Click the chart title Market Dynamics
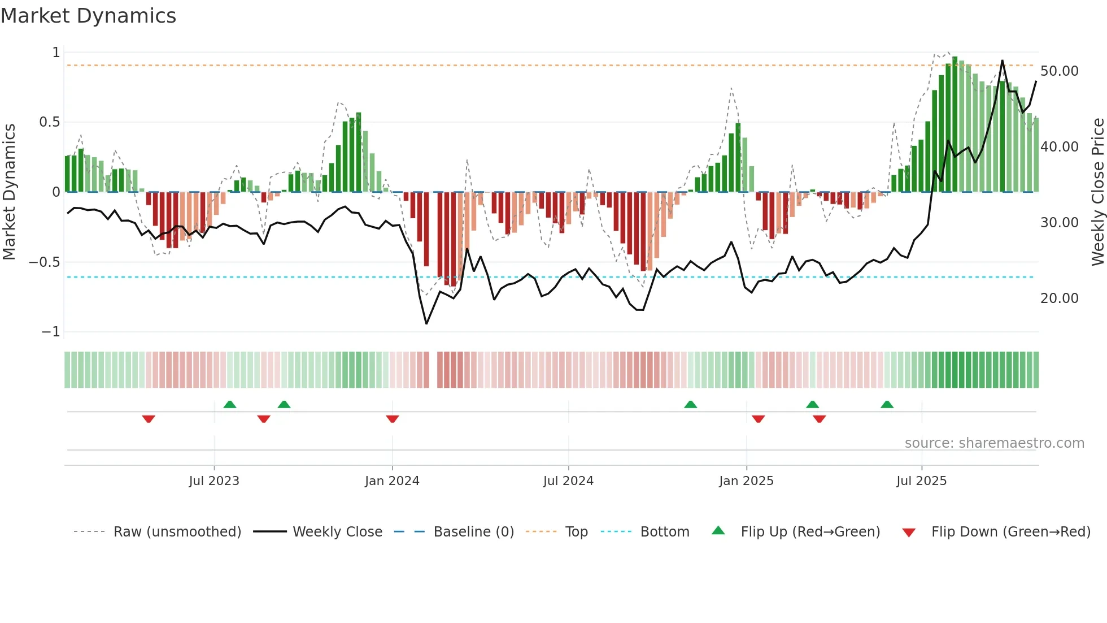pos(89,16)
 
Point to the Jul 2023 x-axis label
pos(214,481)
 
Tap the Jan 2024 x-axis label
pos(392,481)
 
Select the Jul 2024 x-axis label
pos(568,481)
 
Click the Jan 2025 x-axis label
pos(746,481)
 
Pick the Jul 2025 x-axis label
pos(921,481)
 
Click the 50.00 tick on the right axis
pos(1059,71)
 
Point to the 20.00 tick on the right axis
pos(1059,298)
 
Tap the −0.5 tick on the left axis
pos(44,262)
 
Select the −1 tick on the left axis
pos(50,332)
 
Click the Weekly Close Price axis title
pos(1097,192)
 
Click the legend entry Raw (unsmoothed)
pos(177,532)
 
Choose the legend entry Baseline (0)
pos(473,532)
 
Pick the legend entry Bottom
pos(664,532)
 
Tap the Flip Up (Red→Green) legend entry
pos(810,532)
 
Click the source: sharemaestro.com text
pos(994,443)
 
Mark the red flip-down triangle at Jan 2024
pos(393,419)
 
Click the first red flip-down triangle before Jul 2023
pos(149,419)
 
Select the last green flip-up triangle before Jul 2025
pos(887,404)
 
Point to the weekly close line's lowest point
pos(426,323)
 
